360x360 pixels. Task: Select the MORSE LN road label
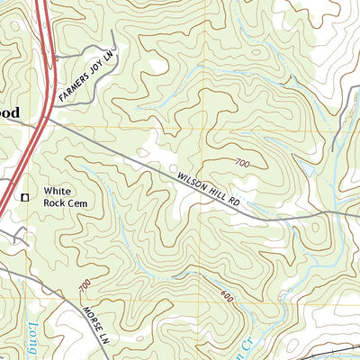click(95, 320)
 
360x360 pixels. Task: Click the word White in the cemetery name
click(58, 191)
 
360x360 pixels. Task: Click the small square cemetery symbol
click(25, 195)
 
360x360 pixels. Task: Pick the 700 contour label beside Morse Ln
click(85, 287)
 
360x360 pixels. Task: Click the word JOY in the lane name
click(94, 72)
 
